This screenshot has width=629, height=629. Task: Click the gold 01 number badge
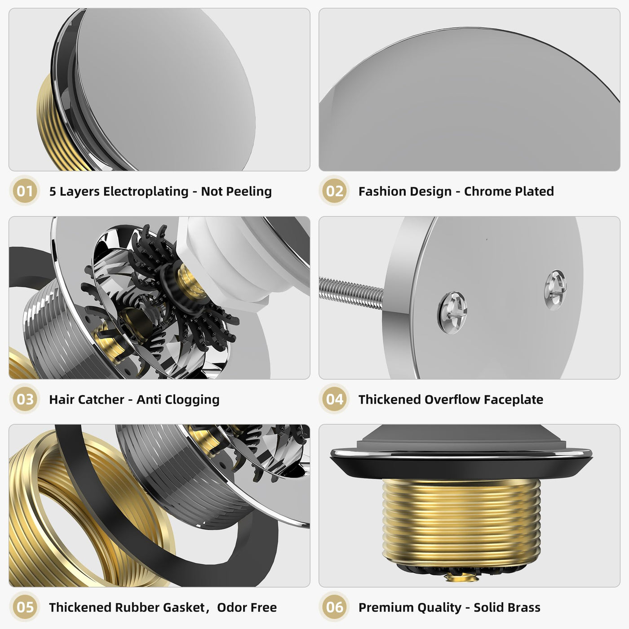25,191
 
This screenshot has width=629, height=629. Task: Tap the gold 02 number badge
334,191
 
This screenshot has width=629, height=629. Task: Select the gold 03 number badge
25,399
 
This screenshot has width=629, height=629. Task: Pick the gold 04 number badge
334,399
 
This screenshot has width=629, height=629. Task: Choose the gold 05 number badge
25,607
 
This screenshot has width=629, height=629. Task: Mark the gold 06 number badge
334,607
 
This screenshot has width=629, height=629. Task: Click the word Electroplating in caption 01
146,191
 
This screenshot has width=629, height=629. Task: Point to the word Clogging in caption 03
195,400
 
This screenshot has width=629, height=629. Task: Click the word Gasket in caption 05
184,607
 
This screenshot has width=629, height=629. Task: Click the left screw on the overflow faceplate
452,313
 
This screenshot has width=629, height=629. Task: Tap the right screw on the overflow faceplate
555,289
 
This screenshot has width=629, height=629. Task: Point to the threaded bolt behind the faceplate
351,292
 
